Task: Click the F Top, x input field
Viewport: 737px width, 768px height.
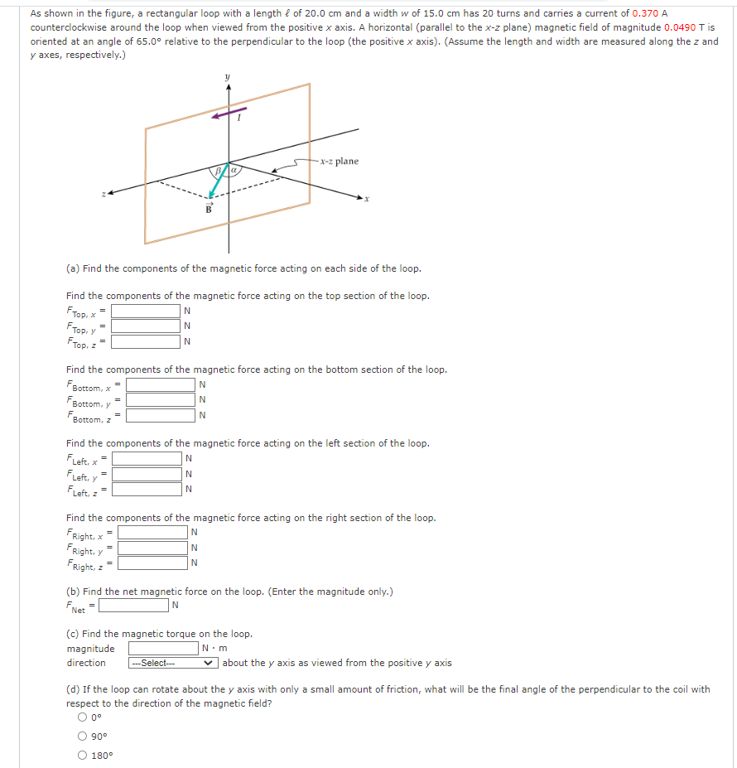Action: click(x=146, y=312)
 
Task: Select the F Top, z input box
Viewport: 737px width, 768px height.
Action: click(x=146, y=341)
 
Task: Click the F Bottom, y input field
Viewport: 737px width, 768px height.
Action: click(x=161, y=401)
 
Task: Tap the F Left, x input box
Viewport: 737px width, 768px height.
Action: click(x=147, y=459)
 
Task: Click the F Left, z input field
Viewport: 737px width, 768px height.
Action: click(x=147, y=489)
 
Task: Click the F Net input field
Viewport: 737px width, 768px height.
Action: click(x=133, y=606)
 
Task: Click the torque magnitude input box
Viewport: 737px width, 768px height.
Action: click(x=163, y=648)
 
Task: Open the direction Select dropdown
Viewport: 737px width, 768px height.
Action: click(x=173, y=663)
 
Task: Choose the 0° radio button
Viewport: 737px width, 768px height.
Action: click(x=84, y=717)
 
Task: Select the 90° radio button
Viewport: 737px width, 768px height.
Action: click(x=84, y=737)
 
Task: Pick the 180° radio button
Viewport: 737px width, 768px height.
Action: click(x=84, y=755)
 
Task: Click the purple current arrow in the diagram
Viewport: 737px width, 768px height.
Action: click(x=229, y=113)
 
